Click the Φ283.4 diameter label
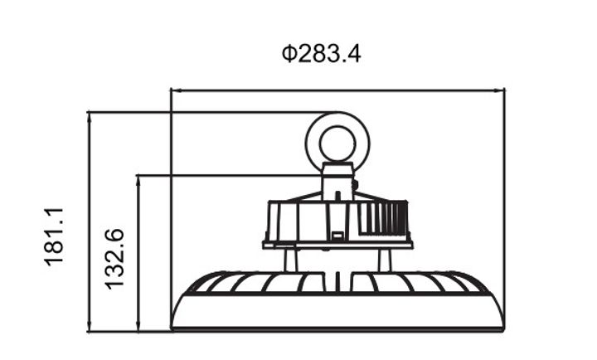[321, 55]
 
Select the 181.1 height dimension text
[55, 236]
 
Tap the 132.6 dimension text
[114, 258]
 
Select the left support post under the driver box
[289, 260]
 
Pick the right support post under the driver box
[384, 260]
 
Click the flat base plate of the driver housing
[337, 245]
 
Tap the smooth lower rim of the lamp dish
[337, 316]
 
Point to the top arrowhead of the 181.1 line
[88, 114]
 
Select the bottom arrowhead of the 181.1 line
[88, 328]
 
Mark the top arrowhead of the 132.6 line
[138, 178]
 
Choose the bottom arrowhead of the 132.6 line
[138, 328]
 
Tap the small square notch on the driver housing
[337, 236]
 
